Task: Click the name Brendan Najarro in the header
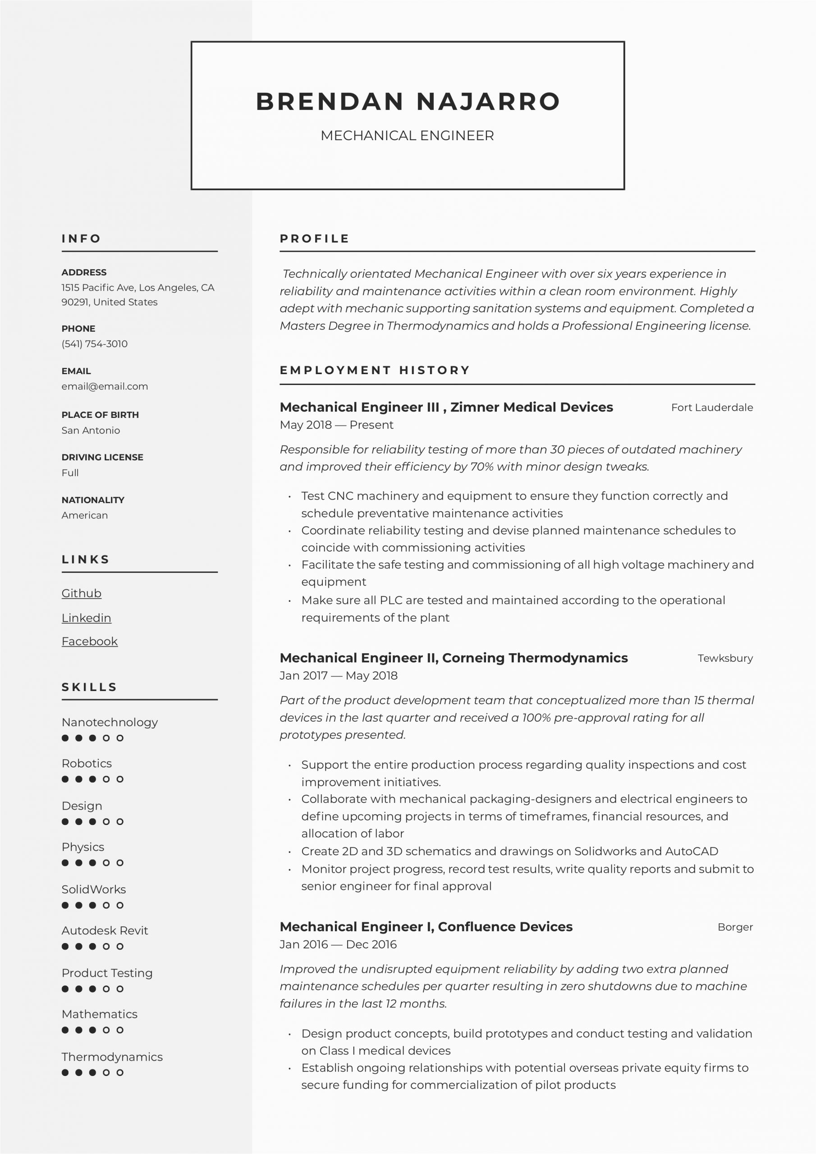tap(408, 101)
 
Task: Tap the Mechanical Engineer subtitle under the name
tap(407, 136)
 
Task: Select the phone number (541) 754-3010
tap(95, 344)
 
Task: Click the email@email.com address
tap(105, 386)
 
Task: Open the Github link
tap(82, 593)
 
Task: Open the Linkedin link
tap(86, 618)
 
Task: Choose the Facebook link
tap(90, 641)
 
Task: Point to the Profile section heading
tap(314, 239)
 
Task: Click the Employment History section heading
tap(375, 371)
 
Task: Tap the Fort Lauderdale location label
tap(711, 408)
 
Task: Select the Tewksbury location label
tap(725, 659)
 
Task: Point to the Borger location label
tap(734, 927)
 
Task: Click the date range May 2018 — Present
tap(336, 425)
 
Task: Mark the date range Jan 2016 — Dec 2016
tap(338, 944)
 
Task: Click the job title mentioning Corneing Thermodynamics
tap(454, 658)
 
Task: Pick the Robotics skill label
tap(87, 764)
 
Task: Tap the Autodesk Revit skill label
tap(105, 930)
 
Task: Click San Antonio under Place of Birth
tap(91, 430)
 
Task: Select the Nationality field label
tap(93, 500)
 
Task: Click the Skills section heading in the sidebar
tap(89, 687)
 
